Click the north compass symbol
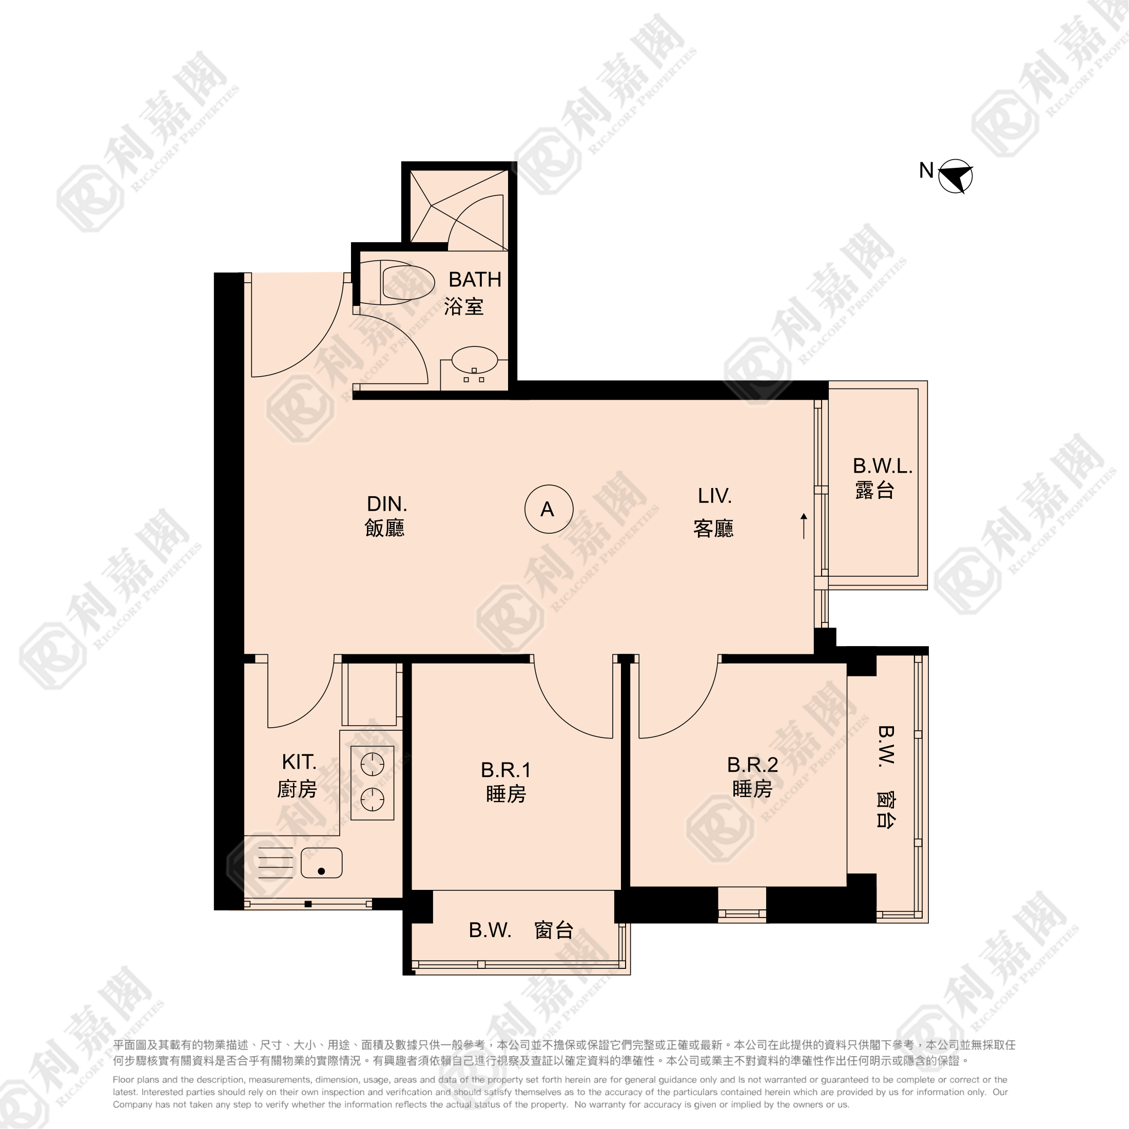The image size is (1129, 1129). coord(956,176)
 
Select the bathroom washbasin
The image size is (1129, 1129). coord(475,359)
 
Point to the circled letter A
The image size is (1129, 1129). coord(548,509)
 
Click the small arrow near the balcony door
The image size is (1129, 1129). coord(804,526)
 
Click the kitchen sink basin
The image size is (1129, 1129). coord(321,863)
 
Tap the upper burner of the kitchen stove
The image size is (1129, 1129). coord(372,764)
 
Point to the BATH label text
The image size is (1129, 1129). coord(475,280)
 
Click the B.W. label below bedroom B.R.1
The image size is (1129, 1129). coord(490,930)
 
